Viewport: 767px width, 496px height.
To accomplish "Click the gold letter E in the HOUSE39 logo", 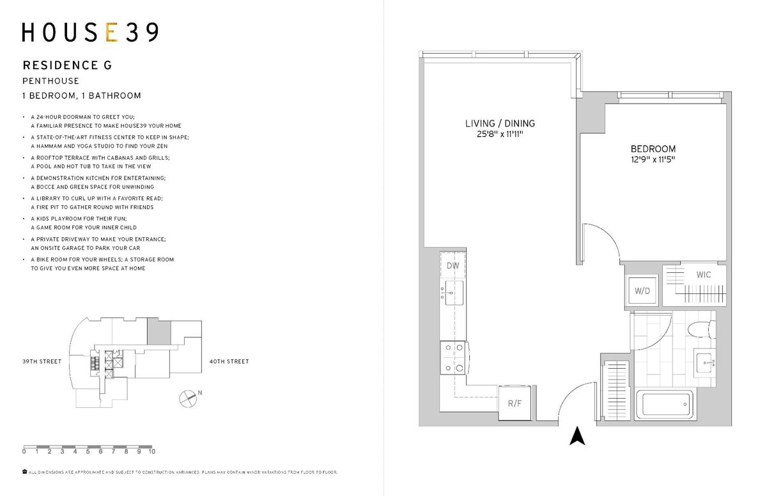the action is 112,32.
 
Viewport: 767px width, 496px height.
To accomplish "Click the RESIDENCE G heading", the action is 67,65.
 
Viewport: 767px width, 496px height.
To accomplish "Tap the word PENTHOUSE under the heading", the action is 50,81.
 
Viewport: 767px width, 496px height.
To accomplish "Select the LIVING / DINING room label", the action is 500,123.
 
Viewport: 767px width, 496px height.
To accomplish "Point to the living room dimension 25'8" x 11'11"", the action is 500,134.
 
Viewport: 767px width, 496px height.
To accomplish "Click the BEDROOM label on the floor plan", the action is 653,149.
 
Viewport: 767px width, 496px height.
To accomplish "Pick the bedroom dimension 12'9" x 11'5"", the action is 653,159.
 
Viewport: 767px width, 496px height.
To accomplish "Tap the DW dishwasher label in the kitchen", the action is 453,266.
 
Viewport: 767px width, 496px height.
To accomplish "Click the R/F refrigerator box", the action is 515,403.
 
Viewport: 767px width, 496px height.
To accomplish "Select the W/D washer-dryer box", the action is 642,291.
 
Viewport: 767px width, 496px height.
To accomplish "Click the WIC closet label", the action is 703,275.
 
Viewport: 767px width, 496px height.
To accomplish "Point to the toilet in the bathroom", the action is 701,330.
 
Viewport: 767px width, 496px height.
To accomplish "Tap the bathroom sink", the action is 704,362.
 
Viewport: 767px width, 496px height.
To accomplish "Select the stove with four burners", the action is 453,358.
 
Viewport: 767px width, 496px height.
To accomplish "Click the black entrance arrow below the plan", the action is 577,436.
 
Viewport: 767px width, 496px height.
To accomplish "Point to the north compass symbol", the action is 188,398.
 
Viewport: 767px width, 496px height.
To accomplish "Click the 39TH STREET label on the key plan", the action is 42,362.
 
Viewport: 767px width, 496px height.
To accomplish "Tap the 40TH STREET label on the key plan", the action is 229,362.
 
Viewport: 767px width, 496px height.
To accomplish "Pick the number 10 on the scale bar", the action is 152,451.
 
